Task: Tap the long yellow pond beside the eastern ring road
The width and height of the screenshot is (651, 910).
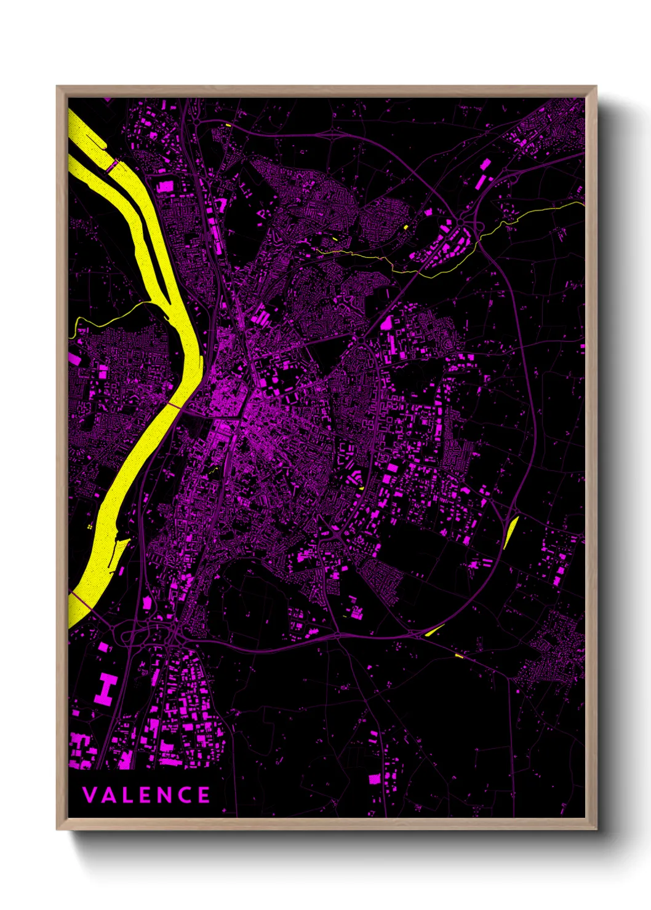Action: tap(511, 532)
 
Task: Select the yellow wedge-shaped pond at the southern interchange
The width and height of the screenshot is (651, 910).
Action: tap(434, 630)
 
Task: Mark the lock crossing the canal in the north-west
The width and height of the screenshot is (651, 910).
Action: tap(113, 166)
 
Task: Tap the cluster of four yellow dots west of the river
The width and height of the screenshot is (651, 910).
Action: tap(90, 527)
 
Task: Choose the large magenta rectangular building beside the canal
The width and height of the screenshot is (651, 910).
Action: tap(165, 186)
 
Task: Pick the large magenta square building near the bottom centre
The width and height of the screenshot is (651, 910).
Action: tap(374, 779)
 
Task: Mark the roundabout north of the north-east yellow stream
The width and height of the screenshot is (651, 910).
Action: tap(460, 222)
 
